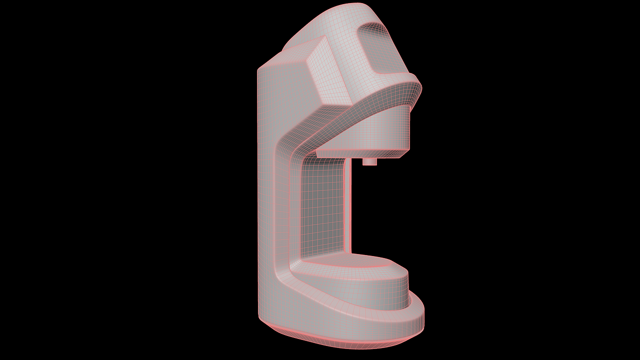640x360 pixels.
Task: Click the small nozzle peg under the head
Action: (x=369, y=161)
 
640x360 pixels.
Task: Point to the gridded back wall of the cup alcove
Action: (x=322, y=210)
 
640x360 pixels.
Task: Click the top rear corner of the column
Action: (x=259, y=69)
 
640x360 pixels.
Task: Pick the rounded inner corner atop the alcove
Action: (x=305, y=160)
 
